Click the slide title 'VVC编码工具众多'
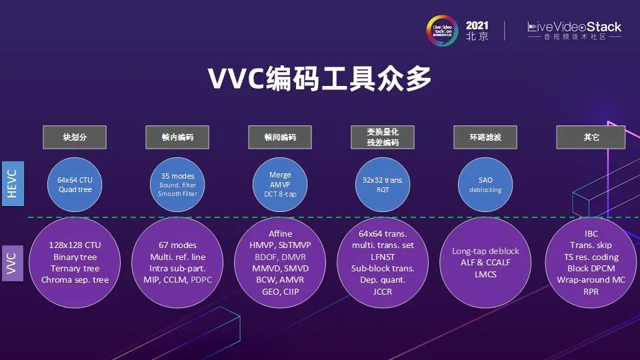click(x=320, y=79)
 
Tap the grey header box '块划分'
click(x=75, y=137)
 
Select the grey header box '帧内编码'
click(x=177, y=137)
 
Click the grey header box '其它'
click(x=591, y=137)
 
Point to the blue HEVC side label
click(x=13, y=183)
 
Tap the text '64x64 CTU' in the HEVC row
click(x=75, y=179)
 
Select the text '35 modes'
click(x=177, y=176)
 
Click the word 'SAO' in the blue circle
click(x=485, y=179)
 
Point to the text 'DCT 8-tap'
click(x=280, y=194)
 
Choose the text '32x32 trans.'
click(x=383, y=179)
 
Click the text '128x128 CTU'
click(x=75, y=245)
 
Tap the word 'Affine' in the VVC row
click(x=280, y=234)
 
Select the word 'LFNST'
click(x=383, y=257)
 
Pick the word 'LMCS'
click(x=485, y=274)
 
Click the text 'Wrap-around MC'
click(x=591, y=280)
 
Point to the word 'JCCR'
click(x=383, y=291)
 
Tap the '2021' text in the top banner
click(x=477, y=25)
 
